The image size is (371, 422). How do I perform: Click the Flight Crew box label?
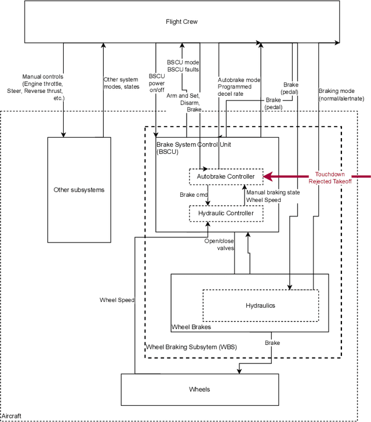pos(181,22)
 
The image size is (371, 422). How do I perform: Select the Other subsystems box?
pos(79,190)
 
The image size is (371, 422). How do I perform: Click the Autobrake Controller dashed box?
pos(226,176)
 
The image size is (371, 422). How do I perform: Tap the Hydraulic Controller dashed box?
pos(226,213)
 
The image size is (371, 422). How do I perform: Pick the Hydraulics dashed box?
pos(260,305)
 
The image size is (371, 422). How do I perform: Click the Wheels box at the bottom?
pos(199,389)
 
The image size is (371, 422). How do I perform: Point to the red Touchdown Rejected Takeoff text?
pos(330,178)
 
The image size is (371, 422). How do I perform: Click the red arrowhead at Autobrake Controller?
pos(268,176)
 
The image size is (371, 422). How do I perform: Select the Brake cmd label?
pos(194,195)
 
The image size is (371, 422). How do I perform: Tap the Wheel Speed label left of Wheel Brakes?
pos(117,300)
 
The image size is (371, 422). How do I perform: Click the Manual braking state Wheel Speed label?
pos(272,196)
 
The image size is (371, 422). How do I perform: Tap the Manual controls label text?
pos(43,88)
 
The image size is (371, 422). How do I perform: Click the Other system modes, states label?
pos(122,83)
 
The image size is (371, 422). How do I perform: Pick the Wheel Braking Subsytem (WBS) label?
pos(191,347)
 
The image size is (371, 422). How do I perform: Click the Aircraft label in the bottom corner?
pos(12,416)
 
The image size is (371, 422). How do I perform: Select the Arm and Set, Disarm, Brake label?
pos(185,102)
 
